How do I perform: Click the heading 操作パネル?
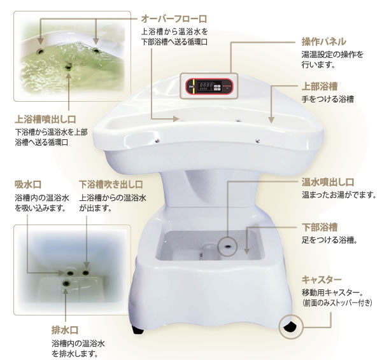click(324, 41)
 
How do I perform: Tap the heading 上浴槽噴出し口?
click(45, 118)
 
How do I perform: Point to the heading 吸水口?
click(28, 185)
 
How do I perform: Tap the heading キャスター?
click(322, 279)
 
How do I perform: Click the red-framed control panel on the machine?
click(209, 86)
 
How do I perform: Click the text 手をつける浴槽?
click(328, 100)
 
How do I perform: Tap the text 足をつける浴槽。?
click(329, 240)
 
